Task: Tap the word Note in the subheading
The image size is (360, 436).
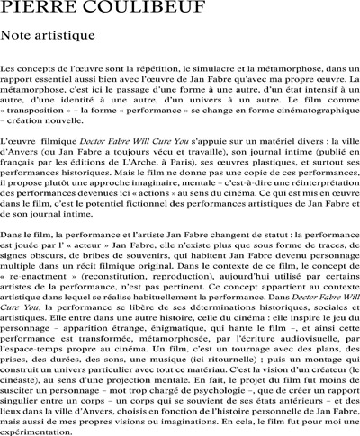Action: coord(20,36)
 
